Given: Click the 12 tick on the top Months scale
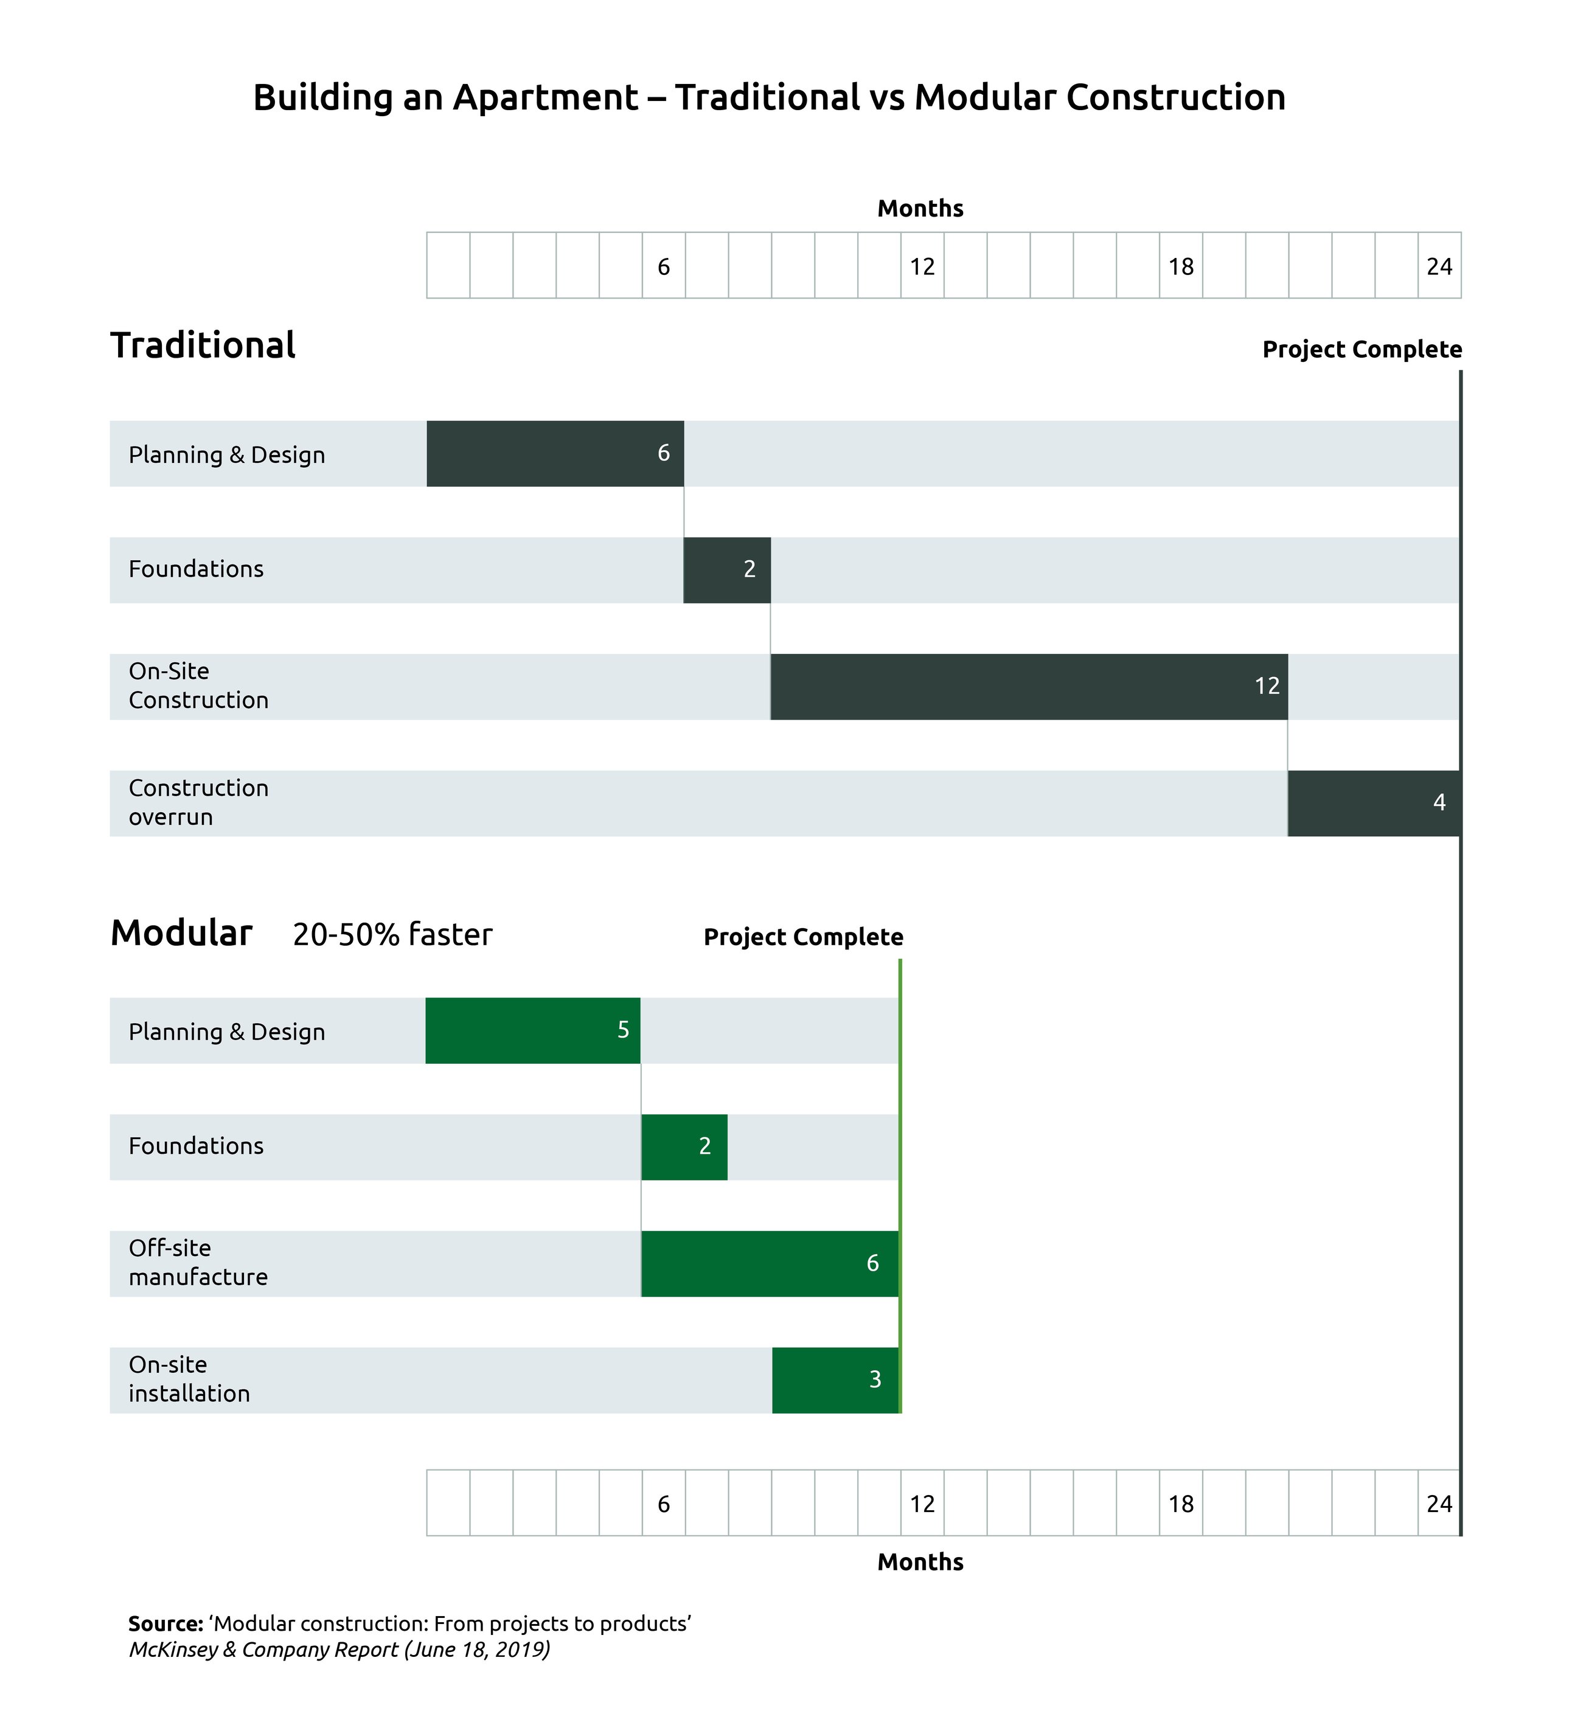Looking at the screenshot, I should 922,266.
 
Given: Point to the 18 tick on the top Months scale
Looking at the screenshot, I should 1181,266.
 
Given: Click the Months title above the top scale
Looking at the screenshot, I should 920,209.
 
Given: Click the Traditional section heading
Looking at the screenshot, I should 203,345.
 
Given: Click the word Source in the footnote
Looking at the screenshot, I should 165,1623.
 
